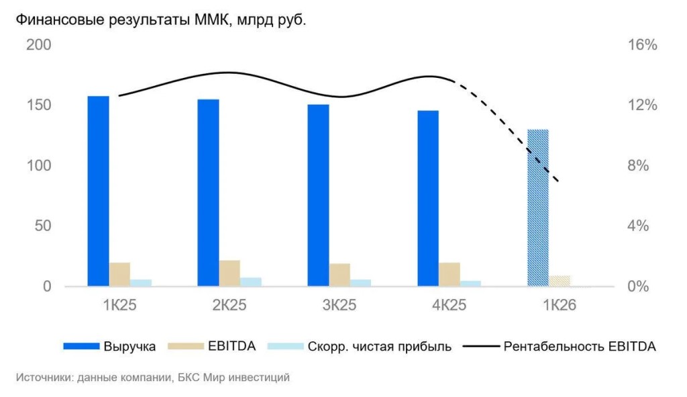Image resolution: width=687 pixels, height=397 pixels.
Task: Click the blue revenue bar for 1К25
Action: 98,191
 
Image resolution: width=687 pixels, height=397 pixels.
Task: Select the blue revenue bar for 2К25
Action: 208,193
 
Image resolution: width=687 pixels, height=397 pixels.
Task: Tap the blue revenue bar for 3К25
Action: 318,195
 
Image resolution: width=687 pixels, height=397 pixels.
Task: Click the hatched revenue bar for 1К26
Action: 538,208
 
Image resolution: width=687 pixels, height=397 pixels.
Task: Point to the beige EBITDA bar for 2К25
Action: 229,273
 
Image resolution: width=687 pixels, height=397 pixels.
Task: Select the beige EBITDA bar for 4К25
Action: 450,275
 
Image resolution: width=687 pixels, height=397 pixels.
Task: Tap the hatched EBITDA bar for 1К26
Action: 559,281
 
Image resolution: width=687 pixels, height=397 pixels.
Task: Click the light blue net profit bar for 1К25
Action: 141,283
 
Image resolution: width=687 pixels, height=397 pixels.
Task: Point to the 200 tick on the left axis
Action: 38,45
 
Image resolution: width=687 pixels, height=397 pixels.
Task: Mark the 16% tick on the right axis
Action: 642,45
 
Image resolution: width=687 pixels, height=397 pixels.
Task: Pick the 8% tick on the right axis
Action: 638,166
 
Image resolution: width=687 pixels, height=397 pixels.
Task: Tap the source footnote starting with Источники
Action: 152,378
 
